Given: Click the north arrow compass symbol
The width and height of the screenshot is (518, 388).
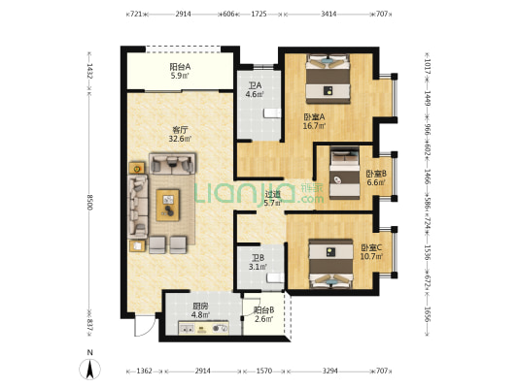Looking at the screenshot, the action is click(89, 369).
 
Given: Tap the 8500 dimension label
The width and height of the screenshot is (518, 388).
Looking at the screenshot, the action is click(89, 202).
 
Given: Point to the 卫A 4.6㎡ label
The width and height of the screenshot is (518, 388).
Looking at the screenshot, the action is click(255, 89).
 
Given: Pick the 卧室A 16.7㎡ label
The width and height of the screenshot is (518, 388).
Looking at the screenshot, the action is click(315, 121).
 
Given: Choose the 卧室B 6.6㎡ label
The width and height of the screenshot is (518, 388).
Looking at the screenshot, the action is click(376, 178).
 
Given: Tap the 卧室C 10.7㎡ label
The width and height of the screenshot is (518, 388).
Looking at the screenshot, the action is click(371, 251).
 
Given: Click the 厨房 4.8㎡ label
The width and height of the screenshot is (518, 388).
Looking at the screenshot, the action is click(201, 310).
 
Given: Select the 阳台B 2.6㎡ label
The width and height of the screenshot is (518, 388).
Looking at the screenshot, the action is click(263, 314).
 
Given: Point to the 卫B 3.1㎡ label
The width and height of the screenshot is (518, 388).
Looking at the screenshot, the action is click(258, 262).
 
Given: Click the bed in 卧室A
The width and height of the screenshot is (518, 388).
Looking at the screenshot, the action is click(328, 79).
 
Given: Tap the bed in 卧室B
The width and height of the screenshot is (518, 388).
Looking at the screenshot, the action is click(345, 173).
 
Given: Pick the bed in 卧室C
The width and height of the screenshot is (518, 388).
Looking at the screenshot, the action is click(330, 265).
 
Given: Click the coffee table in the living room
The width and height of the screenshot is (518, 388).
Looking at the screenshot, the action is click(168, 205).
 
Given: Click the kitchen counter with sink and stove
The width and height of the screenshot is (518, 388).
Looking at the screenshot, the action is click(203, 328).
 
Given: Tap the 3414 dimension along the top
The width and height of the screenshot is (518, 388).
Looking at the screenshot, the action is click(328, 14).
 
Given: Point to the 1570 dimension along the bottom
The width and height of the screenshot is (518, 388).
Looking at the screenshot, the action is click(264, 371).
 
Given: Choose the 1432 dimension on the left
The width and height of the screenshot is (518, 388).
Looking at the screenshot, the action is click(89, 71).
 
